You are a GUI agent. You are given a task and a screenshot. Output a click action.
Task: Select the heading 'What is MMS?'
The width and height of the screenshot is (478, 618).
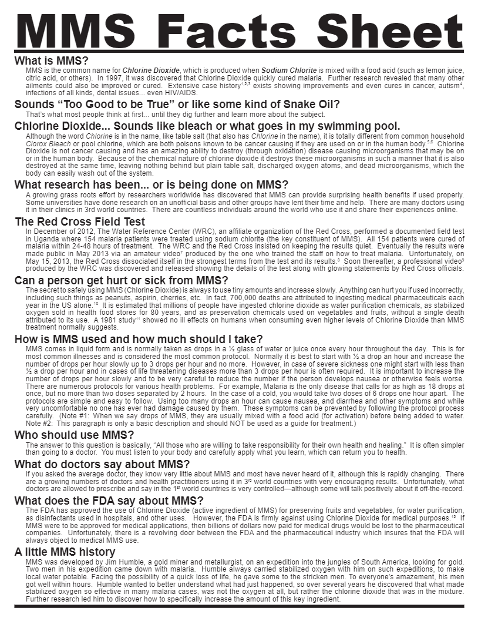coord(52,61)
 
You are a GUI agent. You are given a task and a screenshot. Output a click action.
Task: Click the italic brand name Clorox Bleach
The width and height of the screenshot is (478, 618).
coord(43,143)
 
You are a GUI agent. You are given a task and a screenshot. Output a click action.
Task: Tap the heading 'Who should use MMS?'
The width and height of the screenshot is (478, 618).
coord(75,435)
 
